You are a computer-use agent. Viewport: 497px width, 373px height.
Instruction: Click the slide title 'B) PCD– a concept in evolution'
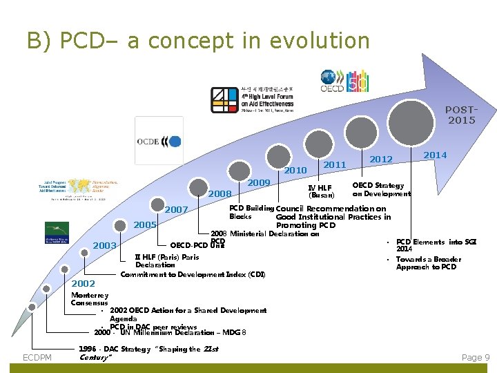(198, 41)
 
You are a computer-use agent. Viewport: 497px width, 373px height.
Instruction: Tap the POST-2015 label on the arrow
(461, 115)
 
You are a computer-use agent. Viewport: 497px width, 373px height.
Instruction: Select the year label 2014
(435, 155)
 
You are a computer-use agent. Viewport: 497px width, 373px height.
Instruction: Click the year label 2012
(381, 160)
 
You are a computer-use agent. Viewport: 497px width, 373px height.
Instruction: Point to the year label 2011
(335, 164)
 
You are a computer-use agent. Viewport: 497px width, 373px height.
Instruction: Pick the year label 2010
(295, 171)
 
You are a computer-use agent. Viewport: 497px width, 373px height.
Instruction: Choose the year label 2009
(259, 182)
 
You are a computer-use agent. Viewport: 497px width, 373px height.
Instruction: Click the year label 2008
(220, 193)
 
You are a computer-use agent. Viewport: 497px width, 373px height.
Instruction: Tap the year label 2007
(177, 209)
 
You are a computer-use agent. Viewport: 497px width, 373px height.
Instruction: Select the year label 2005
(145, 225)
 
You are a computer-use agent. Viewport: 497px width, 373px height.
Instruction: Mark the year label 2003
(105, 245)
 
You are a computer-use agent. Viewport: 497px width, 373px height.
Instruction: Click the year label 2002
(84, 284)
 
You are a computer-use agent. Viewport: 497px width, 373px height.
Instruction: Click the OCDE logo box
(159, 141)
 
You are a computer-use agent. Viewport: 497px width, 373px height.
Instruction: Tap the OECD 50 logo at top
(344, 81)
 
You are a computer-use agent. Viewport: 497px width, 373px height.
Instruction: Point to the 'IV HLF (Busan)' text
(320, 191)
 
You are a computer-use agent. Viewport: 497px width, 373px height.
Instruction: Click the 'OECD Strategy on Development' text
(381, 189)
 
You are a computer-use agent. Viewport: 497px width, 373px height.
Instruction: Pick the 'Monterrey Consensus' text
(90, 299)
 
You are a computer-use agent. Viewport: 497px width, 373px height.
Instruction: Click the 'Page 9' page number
(476, 357)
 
